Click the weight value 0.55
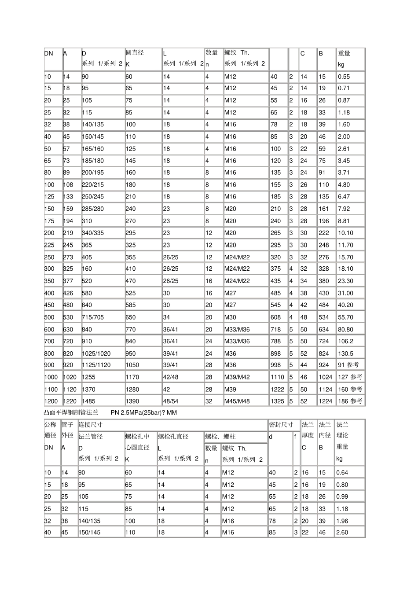[x=344, y=77]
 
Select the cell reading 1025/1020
[x=96, y=353]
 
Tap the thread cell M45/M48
[x=237, y=401]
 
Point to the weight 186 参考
[x=350, y=401]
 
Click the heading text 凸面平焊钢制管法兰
[x=71, y=412]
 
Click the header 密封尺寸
[x=281, y=425]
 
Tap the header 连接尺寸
[x=90, y=425]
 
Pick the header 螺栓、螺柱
[x=220, y=437]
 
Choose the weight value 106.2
[x=345, y=341]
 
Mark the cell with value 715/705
[x=93, y=317]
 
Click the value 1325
[x=277, y=401]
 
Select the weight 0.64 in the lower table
[x=342, y=473]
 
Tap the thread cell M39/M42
[x=237, y=377]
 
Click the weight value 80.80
[x=345, y=329]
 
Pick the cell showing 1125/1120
[x=96, y=365]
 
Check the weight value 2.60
[x=342, y=533]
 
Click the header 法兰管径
[x=91, y=437]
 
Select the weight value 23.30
[x=345, y=281]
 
